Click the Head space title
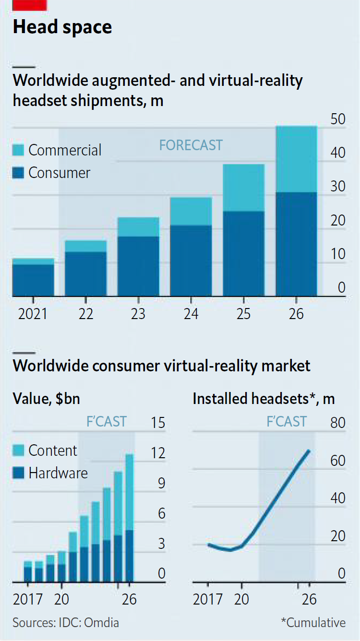62,27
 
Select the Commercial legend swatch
18,150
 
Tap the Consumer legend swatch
18,173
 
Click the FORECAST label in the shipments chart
191,145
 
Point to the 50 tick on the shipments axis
338,119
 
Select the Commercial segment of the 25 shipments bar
244,188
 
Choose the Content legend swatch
18,451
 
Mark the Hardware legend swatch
18,474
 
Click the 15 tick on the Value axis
158,423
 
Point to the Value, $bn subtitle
47,398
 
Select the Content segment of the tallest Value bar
129,492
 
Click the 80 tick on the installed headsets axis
338,423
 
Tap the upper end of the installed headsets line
309,451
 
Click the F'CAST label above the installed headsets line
287,422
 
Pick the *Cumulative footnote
313,623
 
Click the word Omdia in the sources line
101,623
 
